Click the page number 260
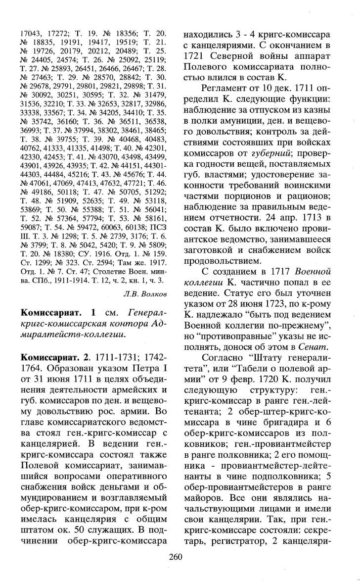pyautogui.click(x=176, y=570)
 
